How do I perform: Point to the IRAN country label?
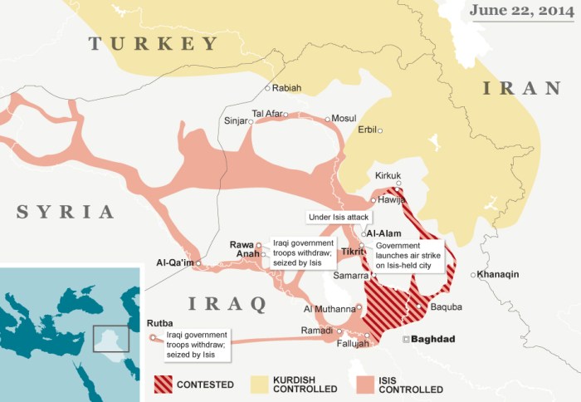click(x=521, y=88)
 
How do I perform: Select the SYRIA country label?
click(x=66, y=212)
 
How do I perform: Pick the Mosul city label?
click(x=343, y=119)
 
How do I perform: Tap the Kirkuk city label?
click(x=388, y=175)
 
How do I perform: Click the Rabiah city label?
click(x=286, y=88)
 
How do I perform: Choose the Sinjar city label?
click(x=236, y=120)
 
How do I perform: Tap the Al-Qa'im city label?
click(x=174, y=263)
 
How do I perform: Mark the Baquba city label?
click(x=447, y=306)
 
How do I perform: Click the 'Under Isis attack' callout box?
click(x=339, y=217)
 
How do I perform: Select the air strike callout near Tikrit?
click(x=409, y=257)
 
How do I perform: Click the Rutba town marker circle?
click(x=152, y=338)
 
